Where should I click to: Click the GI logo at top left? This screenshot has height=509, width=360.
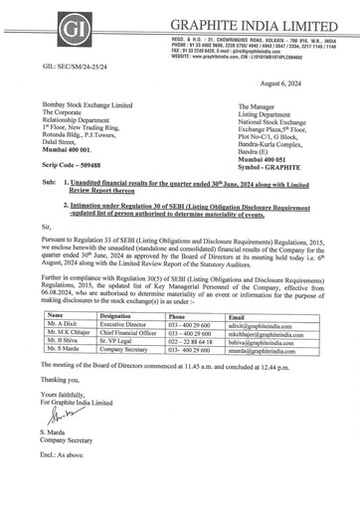point(35,28)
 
